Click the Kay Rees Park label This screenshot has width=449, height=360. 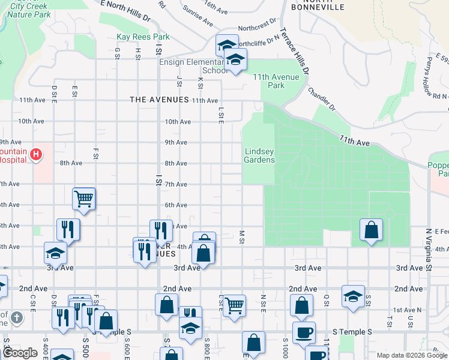point(143,37)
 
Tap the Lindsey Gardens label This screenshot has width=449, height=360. point(259,155)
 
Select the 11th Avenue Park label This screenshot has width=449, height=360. point(276,81)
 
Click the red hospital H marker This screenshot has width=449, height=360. point(37,155)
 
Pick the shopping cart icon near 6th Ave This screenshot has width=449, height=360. point(83,198)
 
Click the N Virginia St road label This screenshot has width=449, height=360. point(429,242)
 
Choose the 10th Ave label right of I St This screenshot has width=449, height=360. point(178,121)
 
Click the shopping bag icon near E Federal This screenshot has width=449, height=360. point(372,230)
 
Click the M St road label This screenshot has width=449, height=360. point(242,237)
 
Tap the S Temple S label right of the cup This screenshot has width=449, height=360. point(352,332)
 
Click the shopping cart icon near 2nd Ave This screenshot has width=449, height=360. point(234,305)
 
